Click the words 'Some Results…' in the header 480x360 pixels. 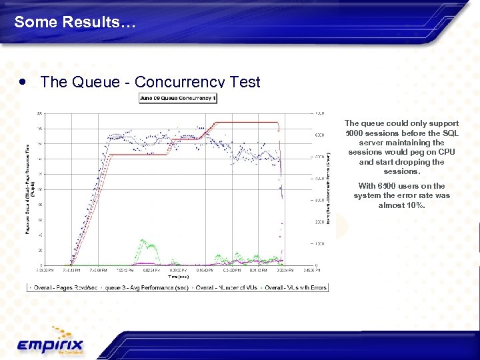pyautogui.click(x=75, y=22)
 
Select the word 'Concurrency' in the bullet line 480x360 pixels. pyautogui.click(x=178, y=82)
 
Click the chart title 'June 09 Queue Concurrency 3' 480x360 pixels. pyautogui.click(x=178, y=98)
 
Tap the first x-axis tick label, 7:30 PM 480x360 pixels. pyautogui.click(x=45, y=270)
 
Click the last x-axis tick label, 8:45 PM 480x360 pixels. pyautogui.click(x=311, y=270)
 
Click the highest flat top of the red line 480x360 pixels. pyautogui.click(x=247, y=123)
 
